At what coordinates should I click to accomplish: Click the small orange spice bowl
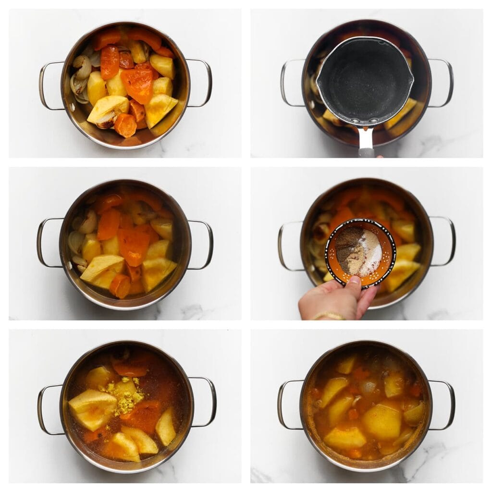(360, 252)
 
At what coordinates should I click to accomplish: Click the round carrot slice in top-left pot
(125, 125)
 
